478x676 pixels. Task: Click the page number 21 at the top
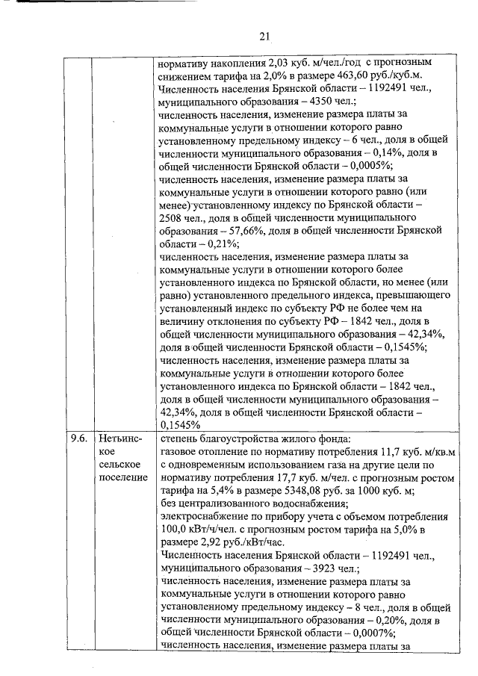(264, 35)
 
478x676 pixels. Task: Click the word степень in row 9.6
(181, 438)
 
